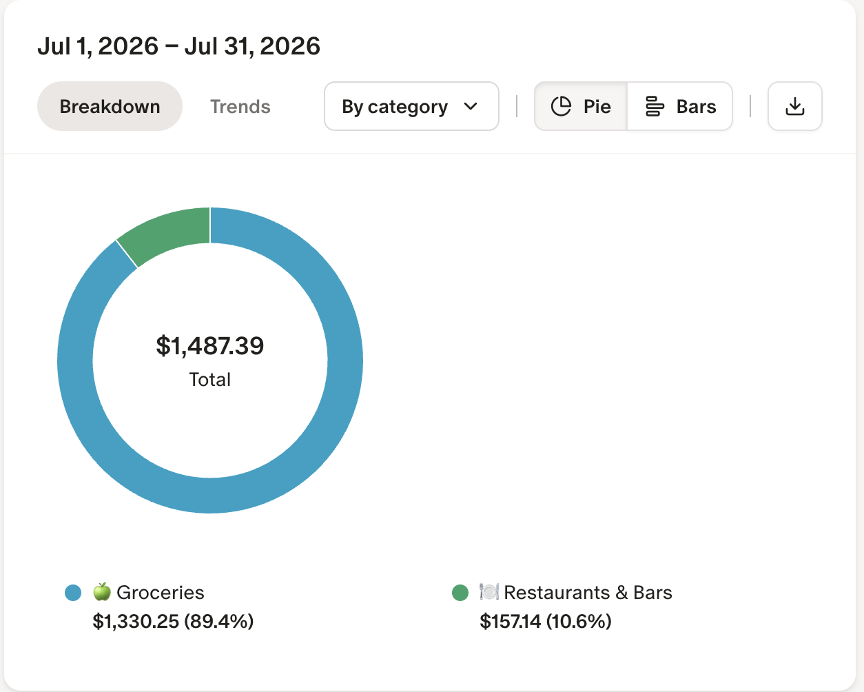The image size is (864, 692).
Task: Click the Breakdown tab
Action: [110, 106]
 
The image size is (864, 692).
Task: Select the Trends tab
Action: [240, 106]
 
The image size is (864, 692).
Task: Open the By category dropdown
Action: [411, 106]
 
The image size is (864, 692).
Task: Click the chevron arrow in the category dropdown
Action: [471, 106]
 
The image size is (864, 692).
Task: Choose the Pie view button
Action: [581, 106]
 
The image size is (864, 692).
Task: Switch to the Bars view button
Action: [680, 106]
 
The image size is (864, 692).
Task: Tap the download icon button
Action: [795, 106]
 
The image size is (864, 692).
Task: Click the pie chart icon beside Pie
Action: [561, 106]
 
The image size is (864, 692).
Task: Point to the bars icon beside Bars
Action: [655, 106]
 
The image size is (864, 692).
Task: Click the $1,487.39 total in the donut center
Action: [210, 346]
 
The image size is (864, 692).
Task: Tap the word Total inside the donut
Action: [210, 380]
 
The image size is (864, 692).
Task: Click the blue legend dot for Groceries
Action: [73, 593]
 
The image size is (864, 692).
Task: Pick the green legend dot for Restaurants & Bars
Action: [460, 593]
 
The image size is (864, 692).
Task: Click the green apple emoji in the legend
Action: [102, 592]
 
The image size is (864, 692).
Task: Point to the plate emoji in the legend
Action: [489, 592]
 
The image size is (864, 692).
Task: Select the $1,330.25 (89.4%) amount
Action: [173, 621]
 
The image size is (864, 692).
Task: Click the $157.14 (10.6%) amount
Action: [546, 621]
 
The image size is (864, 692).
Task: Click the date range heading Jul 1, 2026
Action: [98, 46]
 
